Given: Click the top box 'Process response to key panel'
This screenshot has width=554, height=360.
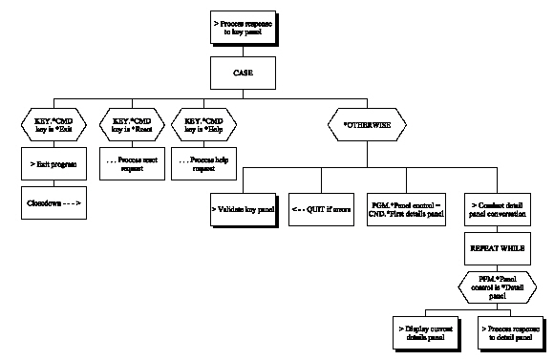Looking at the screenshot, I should click(245, 28).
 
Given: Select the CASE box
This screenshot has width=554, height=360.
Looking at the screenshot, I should click(245, 72).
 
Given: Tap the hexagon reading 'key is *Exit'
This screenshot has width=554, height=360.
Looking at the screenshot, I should click(53, 125).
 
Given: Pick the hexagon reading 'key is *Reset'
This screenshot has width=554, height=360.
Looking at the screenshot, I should click(132, 125).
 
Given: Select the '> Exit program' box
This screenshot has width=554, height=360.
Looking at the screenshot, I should click(53, 164).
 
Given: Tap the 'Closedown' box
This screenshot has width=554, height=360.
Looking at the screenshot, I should click(53, 202).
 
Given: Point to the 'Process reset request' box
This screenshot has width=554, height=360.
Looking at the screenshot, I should click(132, 164).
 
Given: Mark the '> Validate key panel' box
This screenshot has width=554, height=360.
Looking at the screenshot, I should click(243, 208).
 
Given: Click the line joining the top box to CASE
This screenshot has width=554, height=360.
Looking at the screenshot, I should click(245, 51).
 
